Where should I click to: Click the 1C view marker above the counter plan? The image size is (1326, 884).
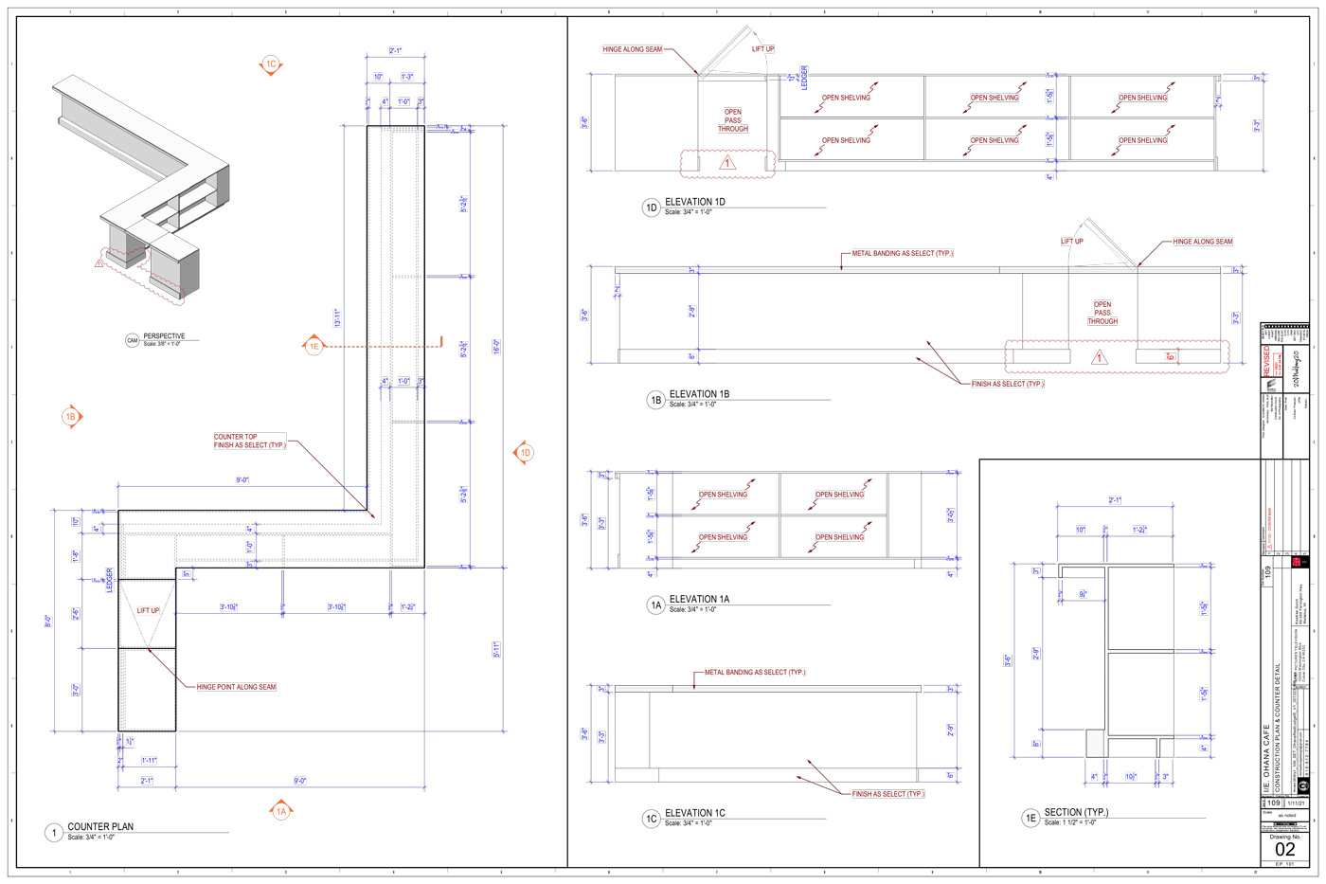pyautogui.click(x=271, y=64)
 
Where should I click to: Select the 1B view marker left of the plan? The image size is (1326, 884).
pyautogui.click(x=71, y=416)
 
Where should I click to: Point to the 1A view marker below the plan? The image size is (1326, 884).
pyautogui.click(x=281, y=811)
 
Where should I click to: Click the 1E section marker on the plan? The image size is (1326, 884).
pyautogui.click(x=314, y=347)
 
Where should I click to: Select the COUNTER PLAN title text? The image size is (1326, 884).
pyautogui.click(x=100, y=827)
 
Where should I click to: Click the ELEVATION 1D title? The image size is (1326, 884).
pyautogui.click(x=695, y=202)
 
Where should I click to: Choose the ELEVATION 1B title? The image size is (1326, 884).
pyautogui.click(x=699, y=394)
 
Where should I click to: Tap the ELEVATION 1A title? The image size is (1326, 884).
pyautogui.click(x=699, y=599)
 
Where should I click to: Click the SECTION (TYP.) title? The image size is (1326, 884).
pyautogui.click(x=1076, y=812)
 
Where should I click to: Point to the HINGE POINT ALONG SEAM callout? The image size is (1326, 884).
pyautogui.click(x=237, y=687)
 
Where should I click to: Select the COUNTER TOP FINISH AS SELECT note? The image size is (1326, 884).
pyautogui.click(x=249, y=442)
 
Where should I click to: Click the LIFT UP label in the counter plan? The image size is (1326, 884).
pyautogui.click(x=149, y=611)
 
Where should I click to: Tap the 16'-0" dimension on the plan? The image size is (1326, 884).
pyautogui.click(x=495, y=346)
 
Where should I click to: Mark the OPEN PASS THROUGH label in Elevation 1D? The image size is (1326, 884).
pyautogui.click(x=733, y=120)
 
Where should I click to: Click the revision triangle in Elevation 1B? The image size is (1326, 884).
pyautogui.click(x=1100, y=358)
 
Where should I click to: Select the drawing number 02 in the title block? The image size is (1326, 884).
pyautogui.click(x=1284, y=849)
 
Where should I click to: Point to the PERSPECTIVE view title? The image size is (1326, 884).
pyautogui.click(x=164, y=336)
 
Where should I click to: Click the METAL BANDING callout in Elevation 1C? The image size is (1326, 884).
pyautogui.click(x=755, y=673)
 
